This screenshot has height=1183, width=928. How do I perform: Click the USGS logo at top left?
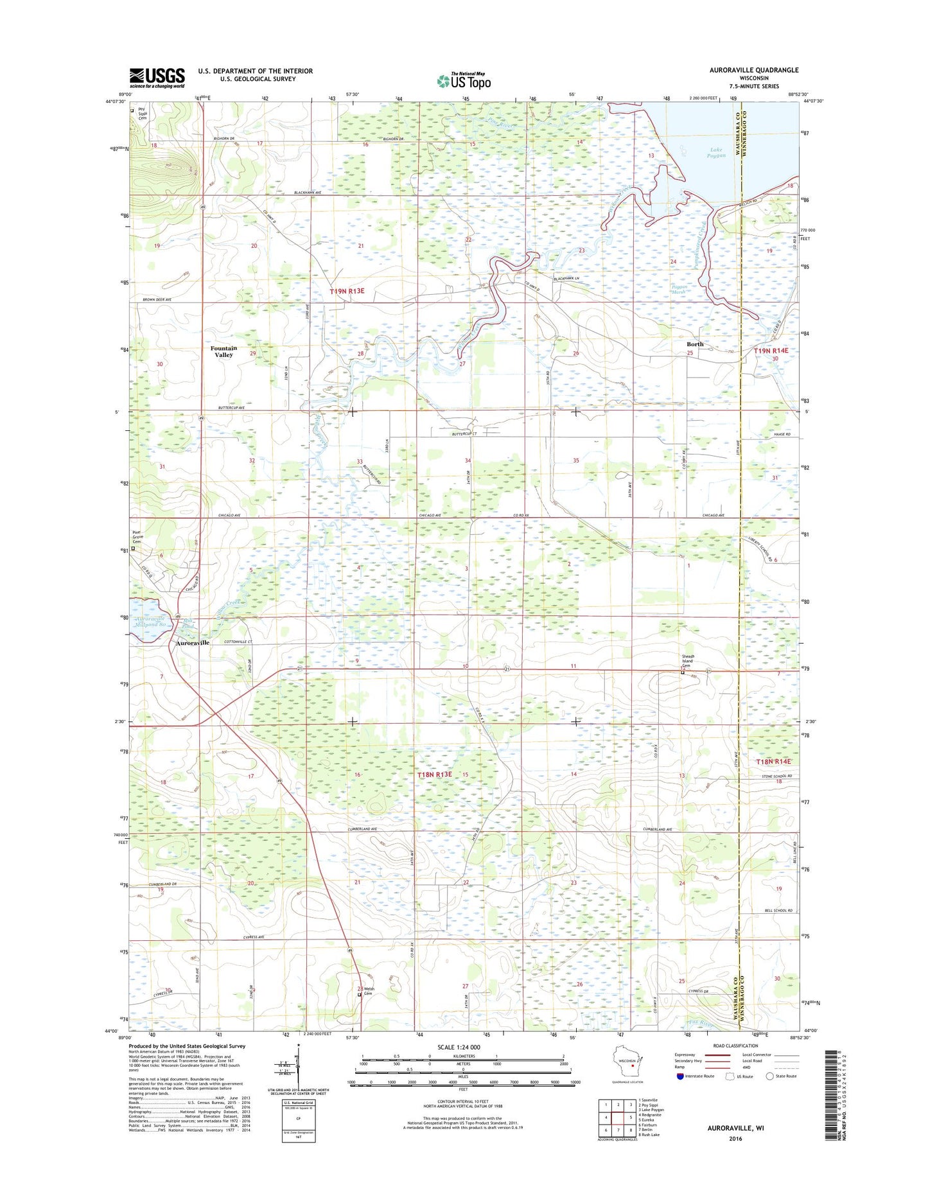pyautogui.click(x=157, y=78)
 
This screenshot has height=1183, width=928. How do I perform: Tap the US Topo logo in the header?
pyautogui.click(x=464, y=81)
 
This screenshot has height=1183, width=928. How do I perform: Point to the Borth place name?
pyautogui.click(x=695, y=344)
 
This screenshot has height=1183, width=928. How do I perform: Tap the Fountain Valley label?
pyautogui.click(x=223, y=351)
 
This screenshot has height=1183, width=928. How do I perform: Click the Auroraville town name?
pyautogui.click(x=193, y=643)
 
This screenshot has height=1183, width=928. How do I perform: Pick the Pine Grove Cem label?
pyautogui.click(x=139, y=537)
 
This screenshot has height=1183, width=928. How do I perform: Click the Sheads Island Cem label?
pyautogui.click(x=689, y=661)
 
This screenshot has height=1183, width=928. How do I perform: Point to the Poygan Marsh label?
pyautogui.click(x=679, y=290)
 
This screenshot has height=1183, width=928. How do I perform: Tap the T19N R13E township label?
pyautogui.click(x=347, y=291)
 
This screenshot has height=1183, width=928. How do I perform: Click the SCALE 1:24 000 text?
pyautogui.click(x=458, y=1047)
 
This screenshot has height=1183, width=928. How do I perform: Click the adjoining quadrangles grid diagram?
pyautogui.click(x=617, y=1118)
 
